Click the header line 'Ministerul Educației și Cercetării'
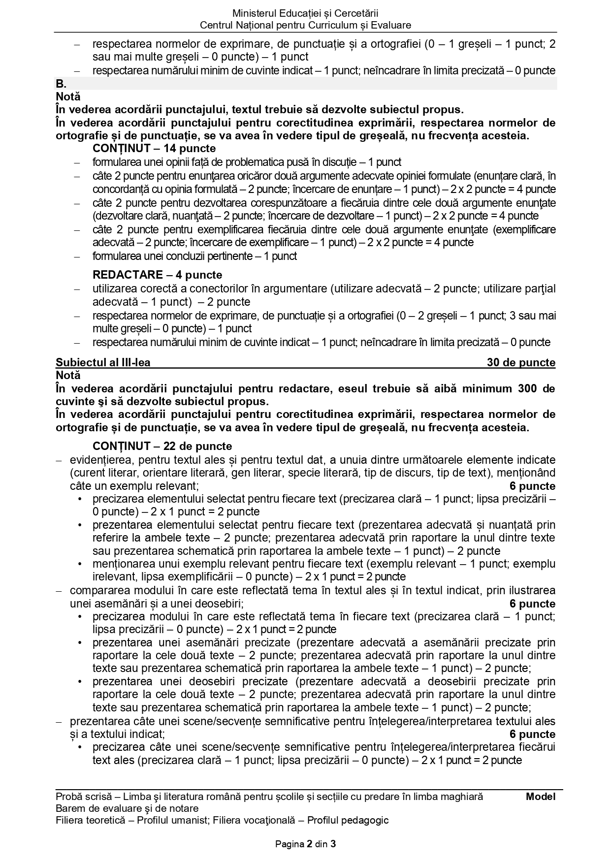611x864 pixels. (305, 13)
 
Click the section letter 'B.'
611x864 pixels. (62, 84)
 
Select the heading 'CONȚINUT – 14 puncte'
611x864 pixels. (154, 148)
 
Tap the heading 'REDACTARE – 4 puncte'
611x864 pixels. (157, 275)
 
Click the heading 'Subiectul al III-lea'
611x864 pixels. (103, 363)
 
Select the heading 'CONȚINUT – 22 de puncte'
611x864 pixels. (162, 446)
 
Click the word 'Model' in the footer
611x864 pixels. (540, 797)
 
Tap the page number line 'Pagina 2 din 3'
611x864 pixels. (305, 844)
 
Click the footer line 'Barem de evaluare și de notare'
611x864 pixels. (127, 808)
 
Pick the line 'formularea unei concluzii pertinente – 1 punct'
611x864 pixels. (194, 256)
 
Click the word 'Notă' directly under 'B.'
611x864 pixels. (68, 96)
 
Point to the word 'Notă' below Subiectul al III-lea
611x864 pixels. (68, 375)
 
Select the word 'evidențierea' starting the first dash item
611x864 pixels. (101, 460)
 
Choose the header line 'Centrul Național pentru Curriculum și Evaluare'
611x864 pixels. (305, 25)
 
